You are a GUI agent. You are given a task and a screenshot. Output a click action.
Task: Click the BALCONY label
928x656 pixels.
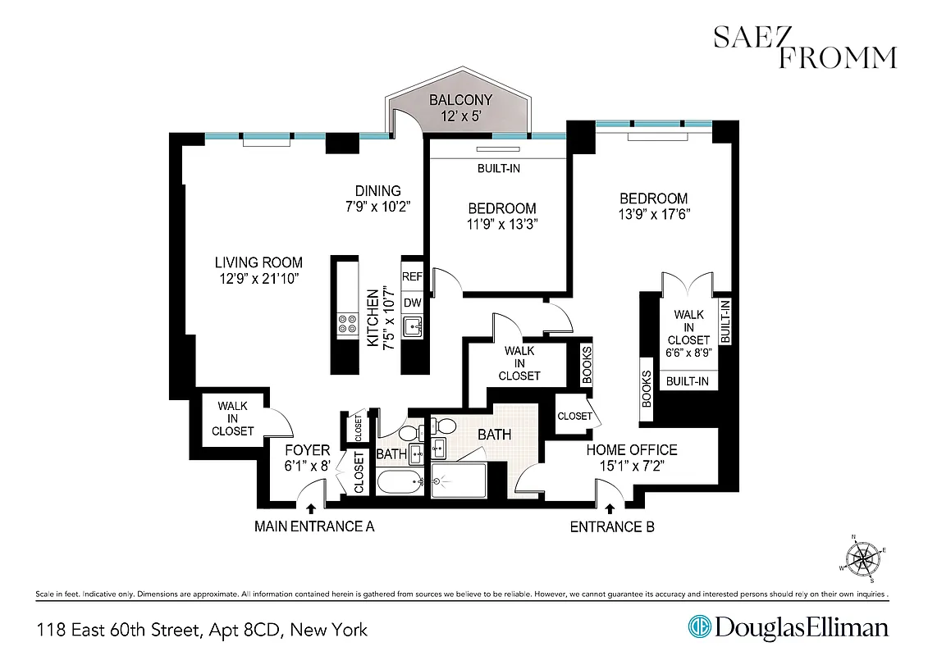(462, 100)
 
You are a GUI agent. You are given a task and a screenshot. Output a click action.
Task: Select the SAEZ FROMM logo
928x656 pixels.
(804, 48)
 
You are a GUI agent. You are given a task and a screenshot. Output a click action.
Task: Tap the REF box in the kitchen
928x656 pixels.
(413, 277)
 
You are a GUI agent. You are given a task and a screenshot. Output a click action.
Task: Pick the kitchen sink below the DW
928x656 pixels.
(413, 326)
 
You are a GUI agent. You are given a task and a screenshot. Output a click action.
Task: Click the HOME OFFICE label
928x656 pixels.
(631, 449)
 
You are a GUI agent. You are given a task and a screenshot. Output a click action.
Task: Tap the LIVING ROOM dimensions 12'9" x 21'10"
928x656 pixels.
(258, 279)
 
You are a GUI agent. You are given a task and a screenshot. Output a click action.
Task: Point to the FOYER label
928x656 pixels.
(307, 450)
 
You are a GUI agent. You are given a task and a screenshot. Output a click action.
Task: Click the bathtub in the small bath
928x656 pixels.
(399, 482)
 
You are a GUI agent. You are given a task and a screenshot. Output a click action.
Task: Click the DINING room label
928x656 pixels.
(377, 191)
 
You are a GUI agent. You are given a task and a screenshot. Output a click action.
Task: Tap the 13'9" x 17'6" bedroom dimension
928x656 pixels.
(654, 214)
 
